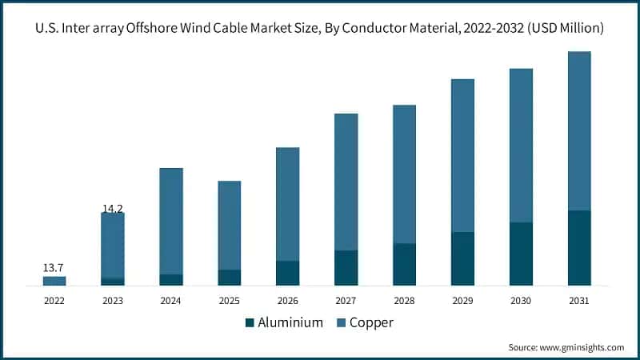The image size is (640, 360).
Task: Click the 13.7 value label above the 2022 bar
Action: (x=54, y=266)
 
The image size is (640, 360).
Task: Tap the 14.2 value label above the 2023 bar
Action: (x=112, y=209)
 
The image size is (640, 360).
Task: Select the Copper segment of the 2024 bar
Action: (x=171, y=221)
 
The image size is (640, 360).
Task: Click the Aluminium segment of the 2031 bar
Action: (x=579, y=248)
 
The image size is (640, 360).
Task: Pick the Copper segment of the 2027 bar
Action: (x=346, y=182)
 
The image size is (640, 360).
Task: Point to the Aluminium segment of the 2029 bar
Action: (x=462, y=258)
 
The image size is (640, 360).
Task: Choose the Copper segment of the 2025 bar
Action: (x=230, y=225)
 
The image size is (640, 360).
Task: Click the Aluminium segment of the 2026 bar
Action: (x=287, y=273)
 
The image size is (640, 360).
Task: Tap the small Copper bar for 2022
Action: (x=54, y=281)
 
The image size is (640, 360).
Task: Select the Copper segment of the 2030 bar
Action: (x=521, y=145)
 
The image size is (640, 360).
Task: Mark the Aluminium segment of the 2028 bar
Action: (x=404, y=264)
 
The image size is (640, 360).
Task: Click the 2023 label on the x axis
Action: (x=113, y=301)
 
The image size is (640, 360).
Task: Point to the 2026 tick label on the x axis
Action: (x=287, y=301)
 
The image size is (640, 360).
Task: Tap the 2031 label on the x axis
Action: (x=579, y=301)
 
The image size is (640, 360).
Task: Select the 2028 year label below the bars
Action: (x=404, y=301)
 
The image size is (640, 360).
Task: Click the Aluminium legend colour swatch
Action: (x=249, y=323)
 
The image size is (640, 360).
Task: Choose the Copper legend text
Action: (x=371, y=323)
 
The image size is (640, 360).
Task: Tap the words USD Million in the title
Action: (x=566, y=28)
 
